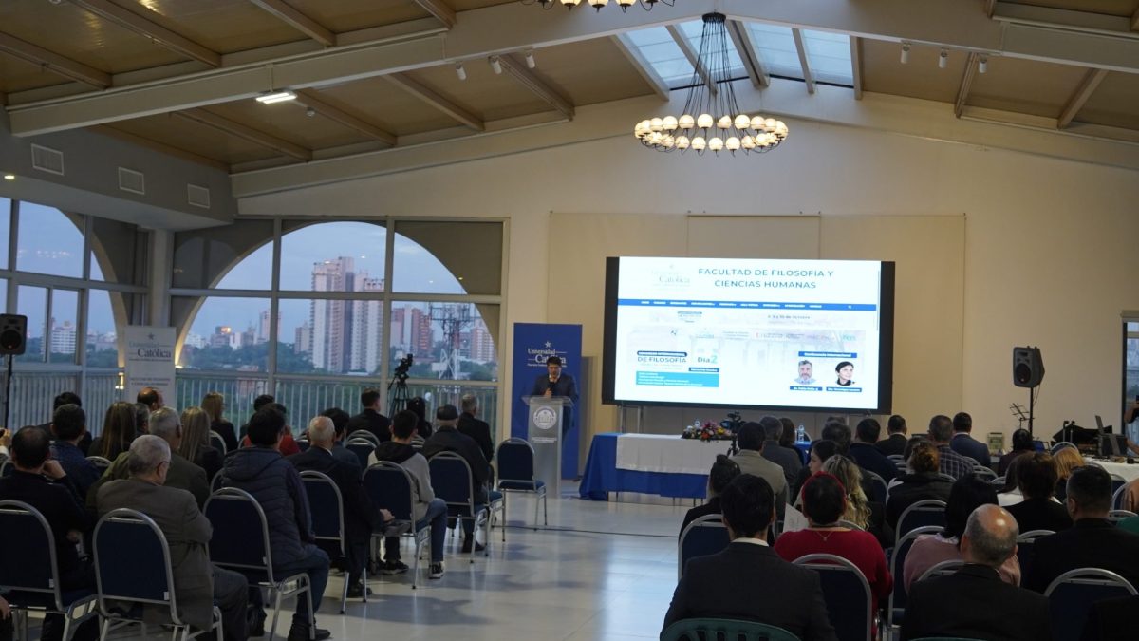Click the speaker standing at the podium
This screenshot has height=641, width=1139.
pyautogui.click(x=554, y=380)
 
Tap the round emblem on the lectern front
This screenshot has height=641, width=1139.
pyautogui.click(x=545, y=418)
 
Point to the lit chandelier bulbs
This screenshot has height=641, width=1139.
pyautogui.click(x=711, y=132)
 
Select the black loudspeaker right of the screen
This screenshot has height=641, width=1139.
pyautogui.click(x=1027, y=367)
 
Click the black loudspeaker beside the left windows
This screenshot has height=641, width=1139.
pyautogui.click(x=12, y=334)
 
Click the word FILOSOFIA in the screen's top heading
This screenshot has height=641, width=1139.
pyautogui.click(x=799, y=273)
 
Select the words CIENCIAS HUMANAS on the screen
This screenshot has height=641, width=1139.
pyautogui.click(x=765, y=284)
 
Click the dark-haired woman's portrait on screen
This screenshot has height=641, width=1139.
pyautogui.click(x=844, y=372)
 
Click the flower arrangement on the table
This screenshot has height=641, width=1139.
pyautogui.click(x=707, y=432)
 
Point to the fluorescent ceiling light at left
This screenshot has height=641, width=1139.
pyautogui.click(x=275, y=97)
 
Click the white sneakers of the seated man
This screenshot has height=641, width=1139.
pyautogui.click(x=436, y=570)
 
